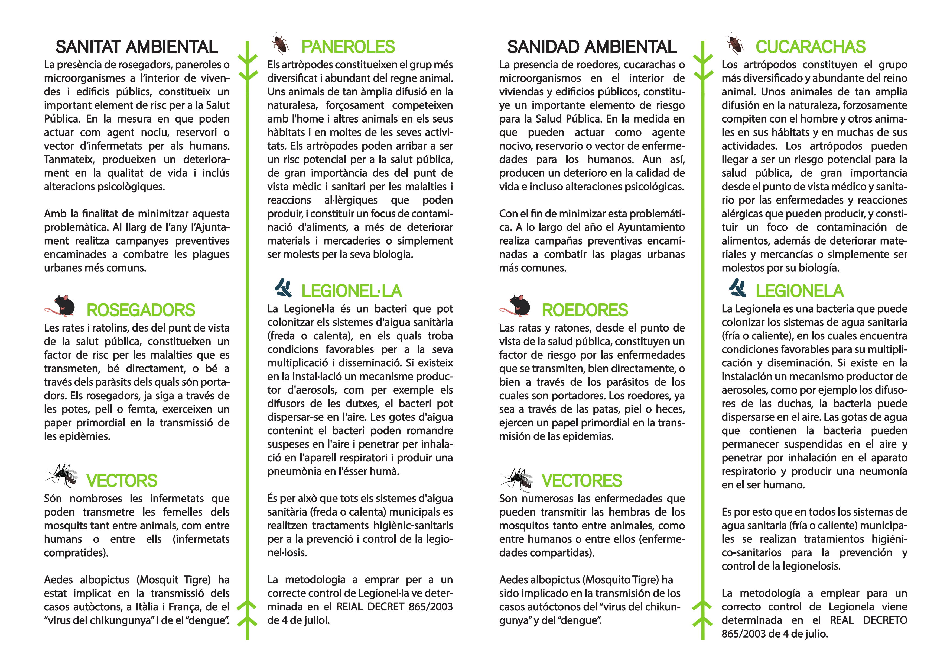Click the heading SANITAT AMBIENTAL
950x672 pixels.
click(136, 47)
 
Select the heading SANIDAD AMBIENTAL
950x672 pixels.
click(592, 47)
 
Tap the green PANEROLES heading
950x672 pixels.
click(348, 47)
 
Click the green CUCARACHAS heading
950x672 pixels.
click(810, 47)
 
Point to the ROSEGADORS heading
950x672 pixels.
click(141, 310)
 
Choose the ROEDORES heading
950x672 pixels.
click(585, 310)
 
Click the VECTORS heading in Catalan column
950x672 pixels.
click(122, 481)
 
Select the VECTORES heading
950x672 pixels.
click(582, 481)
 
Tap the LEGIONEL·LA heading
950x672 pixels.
click(351, 291)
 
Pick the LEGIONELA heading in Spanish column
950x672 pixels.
click(799, 291)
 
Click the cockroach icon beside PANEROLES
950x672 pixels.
click(280, 43)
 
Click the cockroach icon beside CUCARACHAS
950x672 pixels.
click(734, 43)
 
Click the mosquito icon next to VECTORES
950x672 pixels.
click(518, 480)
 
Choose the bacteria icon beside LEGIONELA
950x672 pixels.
click(738, 288)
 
